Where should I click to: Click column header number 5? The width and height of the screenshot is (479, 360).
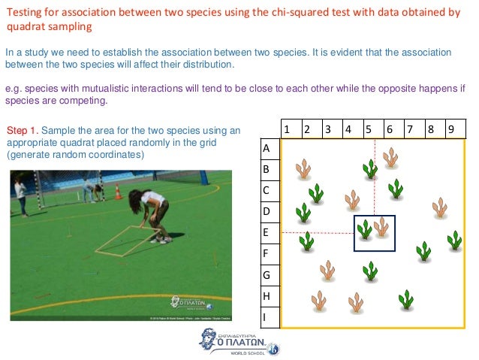pos(369,129)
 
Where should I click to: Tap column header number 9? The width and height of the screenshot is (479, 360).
pos(450,129)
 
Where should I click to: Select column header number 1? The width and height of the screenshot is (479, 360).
pos(288,129)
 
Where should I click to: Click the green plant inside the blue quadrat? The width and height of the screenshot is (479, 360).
pos(365,229)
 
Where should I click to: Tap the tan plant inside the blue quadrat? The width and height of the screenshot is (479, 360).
pos(382,226)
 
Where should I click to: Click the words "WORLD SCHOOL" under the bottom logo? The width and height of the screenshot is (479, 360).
pos(249,353)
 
